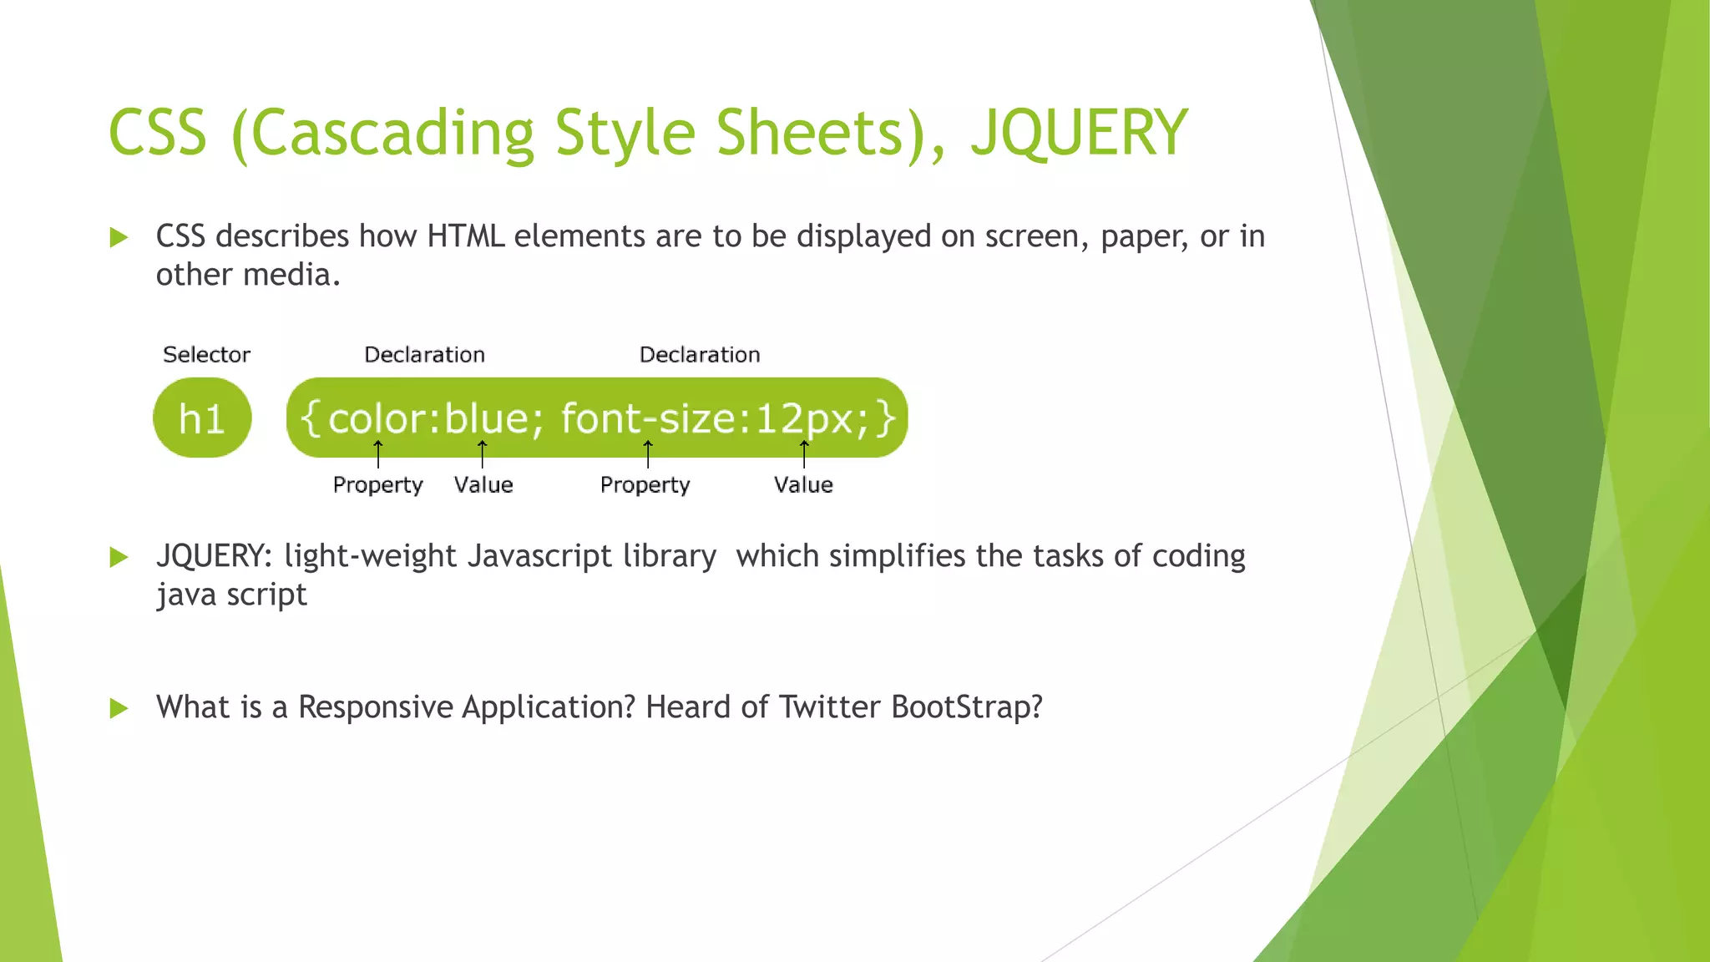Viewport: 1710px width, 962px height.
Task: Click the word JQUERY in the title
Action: (1079, 134)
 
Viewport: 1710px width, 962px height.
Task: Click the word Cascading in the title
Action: (392, 134)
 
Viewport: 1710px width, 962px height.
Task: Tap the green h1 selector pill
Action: (202, 418)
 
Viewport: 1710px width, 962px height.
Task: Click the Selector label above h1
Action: (206, 355)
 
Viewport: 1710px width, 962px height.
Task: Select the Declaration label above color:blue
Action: (424, 355)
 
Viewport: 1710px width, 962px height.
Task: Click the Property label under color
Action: (377, 485)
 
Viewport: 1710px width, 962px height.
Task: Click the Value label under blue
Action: (483, 485)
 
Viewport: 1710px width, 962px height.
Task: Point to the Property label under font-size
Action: (645, 485)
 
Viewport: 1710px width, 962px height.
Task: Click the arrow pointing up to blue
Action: (482, 453)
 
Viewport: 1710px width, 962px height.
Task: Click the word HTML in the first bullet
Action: (466, 236)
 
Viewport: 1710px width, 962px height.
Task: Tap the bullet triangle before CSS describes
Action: (119, 238)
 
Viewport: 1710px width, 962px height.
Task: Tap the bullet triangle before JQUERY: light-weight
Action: (119, 557)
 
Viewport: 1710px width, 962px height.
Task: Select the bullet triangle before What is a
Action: (119, 709)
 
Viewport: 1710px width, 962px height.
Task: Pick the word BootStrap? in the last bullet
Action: (967, 707)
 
